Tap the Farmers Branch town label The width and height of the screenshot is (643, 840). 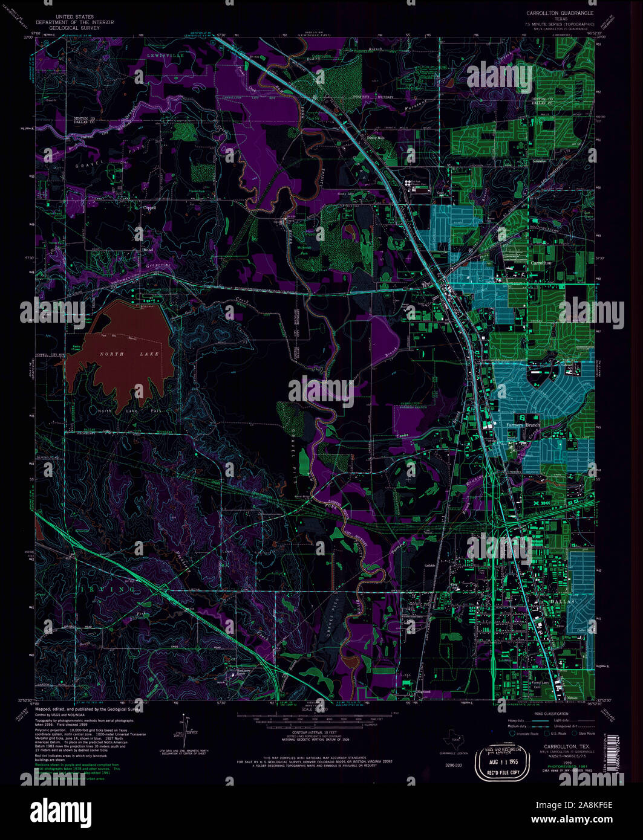click(x=522, y=425)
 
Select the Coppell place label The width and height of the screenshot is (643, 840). click(x=149, y=207)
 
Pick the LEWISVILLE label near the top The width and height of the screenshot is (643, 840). click(x=166, y=55)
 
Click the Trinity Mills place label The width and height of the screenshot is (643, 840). click(x=376, y=137)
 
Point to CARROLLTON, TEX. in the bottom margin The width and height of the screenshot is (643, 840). click(x=566, y=696)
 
